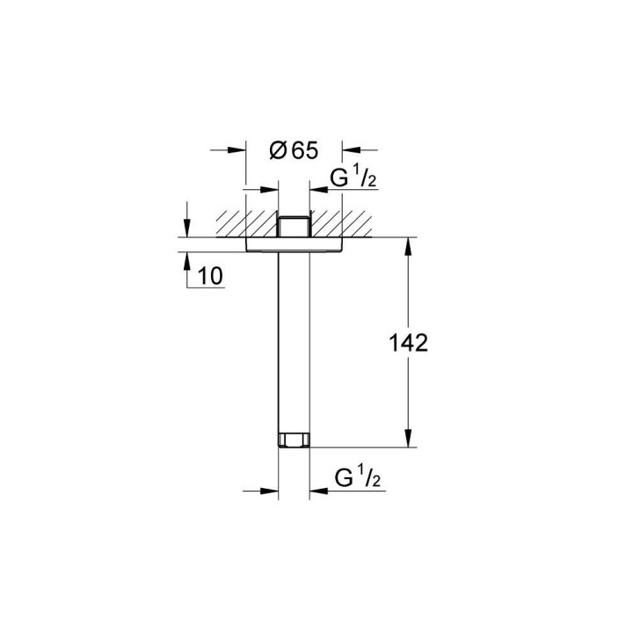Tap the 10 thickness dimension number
(210, 276)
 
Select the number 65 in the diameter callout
(303, 150)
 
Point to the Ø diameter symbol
(276, 151)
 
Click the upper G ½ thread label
(353, 180)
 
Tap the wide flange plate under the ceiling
(294, 244)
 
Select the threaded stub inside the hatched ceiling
(294, 226)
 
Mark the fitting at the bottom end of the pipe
(294, 440)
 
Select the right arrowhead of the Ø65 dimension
(350, 150)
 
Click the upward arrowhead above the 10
(188, 260)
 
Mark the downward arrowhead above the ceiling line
(188, 228)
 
